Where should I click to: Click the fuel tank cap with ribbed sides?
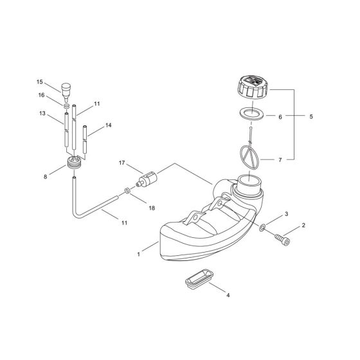point(252,88)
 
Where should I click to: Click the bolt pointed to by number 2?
point(282,239)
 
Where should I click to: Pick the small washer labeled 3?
point(262,228)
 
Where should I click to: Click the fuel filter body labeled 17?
point(147,179)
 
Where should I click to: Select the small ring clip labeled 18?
point(127,190)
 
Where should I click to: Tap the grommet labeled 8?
point(74,163)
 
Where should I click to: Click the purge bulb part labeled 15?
point(66,92)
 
